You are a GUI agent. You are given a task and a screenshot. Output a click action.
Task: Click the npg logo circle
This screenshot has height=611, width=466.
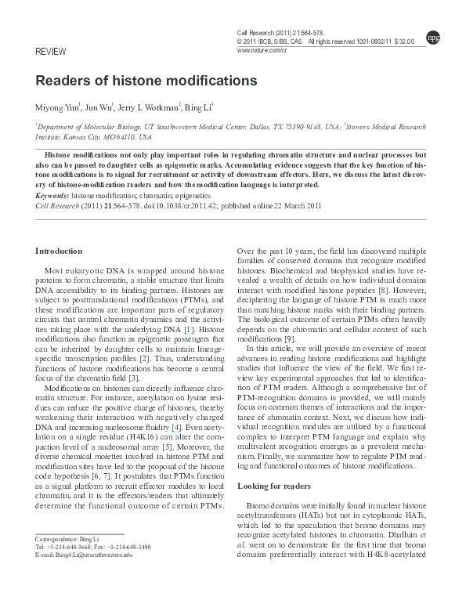pos(432,37)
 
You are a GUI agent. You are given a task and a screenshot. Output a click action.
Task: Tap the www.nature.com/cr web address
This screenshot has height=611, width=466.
pos(262,49)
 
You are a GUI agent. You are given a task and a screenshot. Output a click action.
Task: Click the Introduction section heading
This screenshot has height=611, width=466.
pos(59,251)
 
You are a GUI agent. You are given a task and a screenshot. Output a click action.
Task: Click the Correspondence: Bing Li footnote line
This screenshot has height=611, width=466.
pos(67,540)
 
